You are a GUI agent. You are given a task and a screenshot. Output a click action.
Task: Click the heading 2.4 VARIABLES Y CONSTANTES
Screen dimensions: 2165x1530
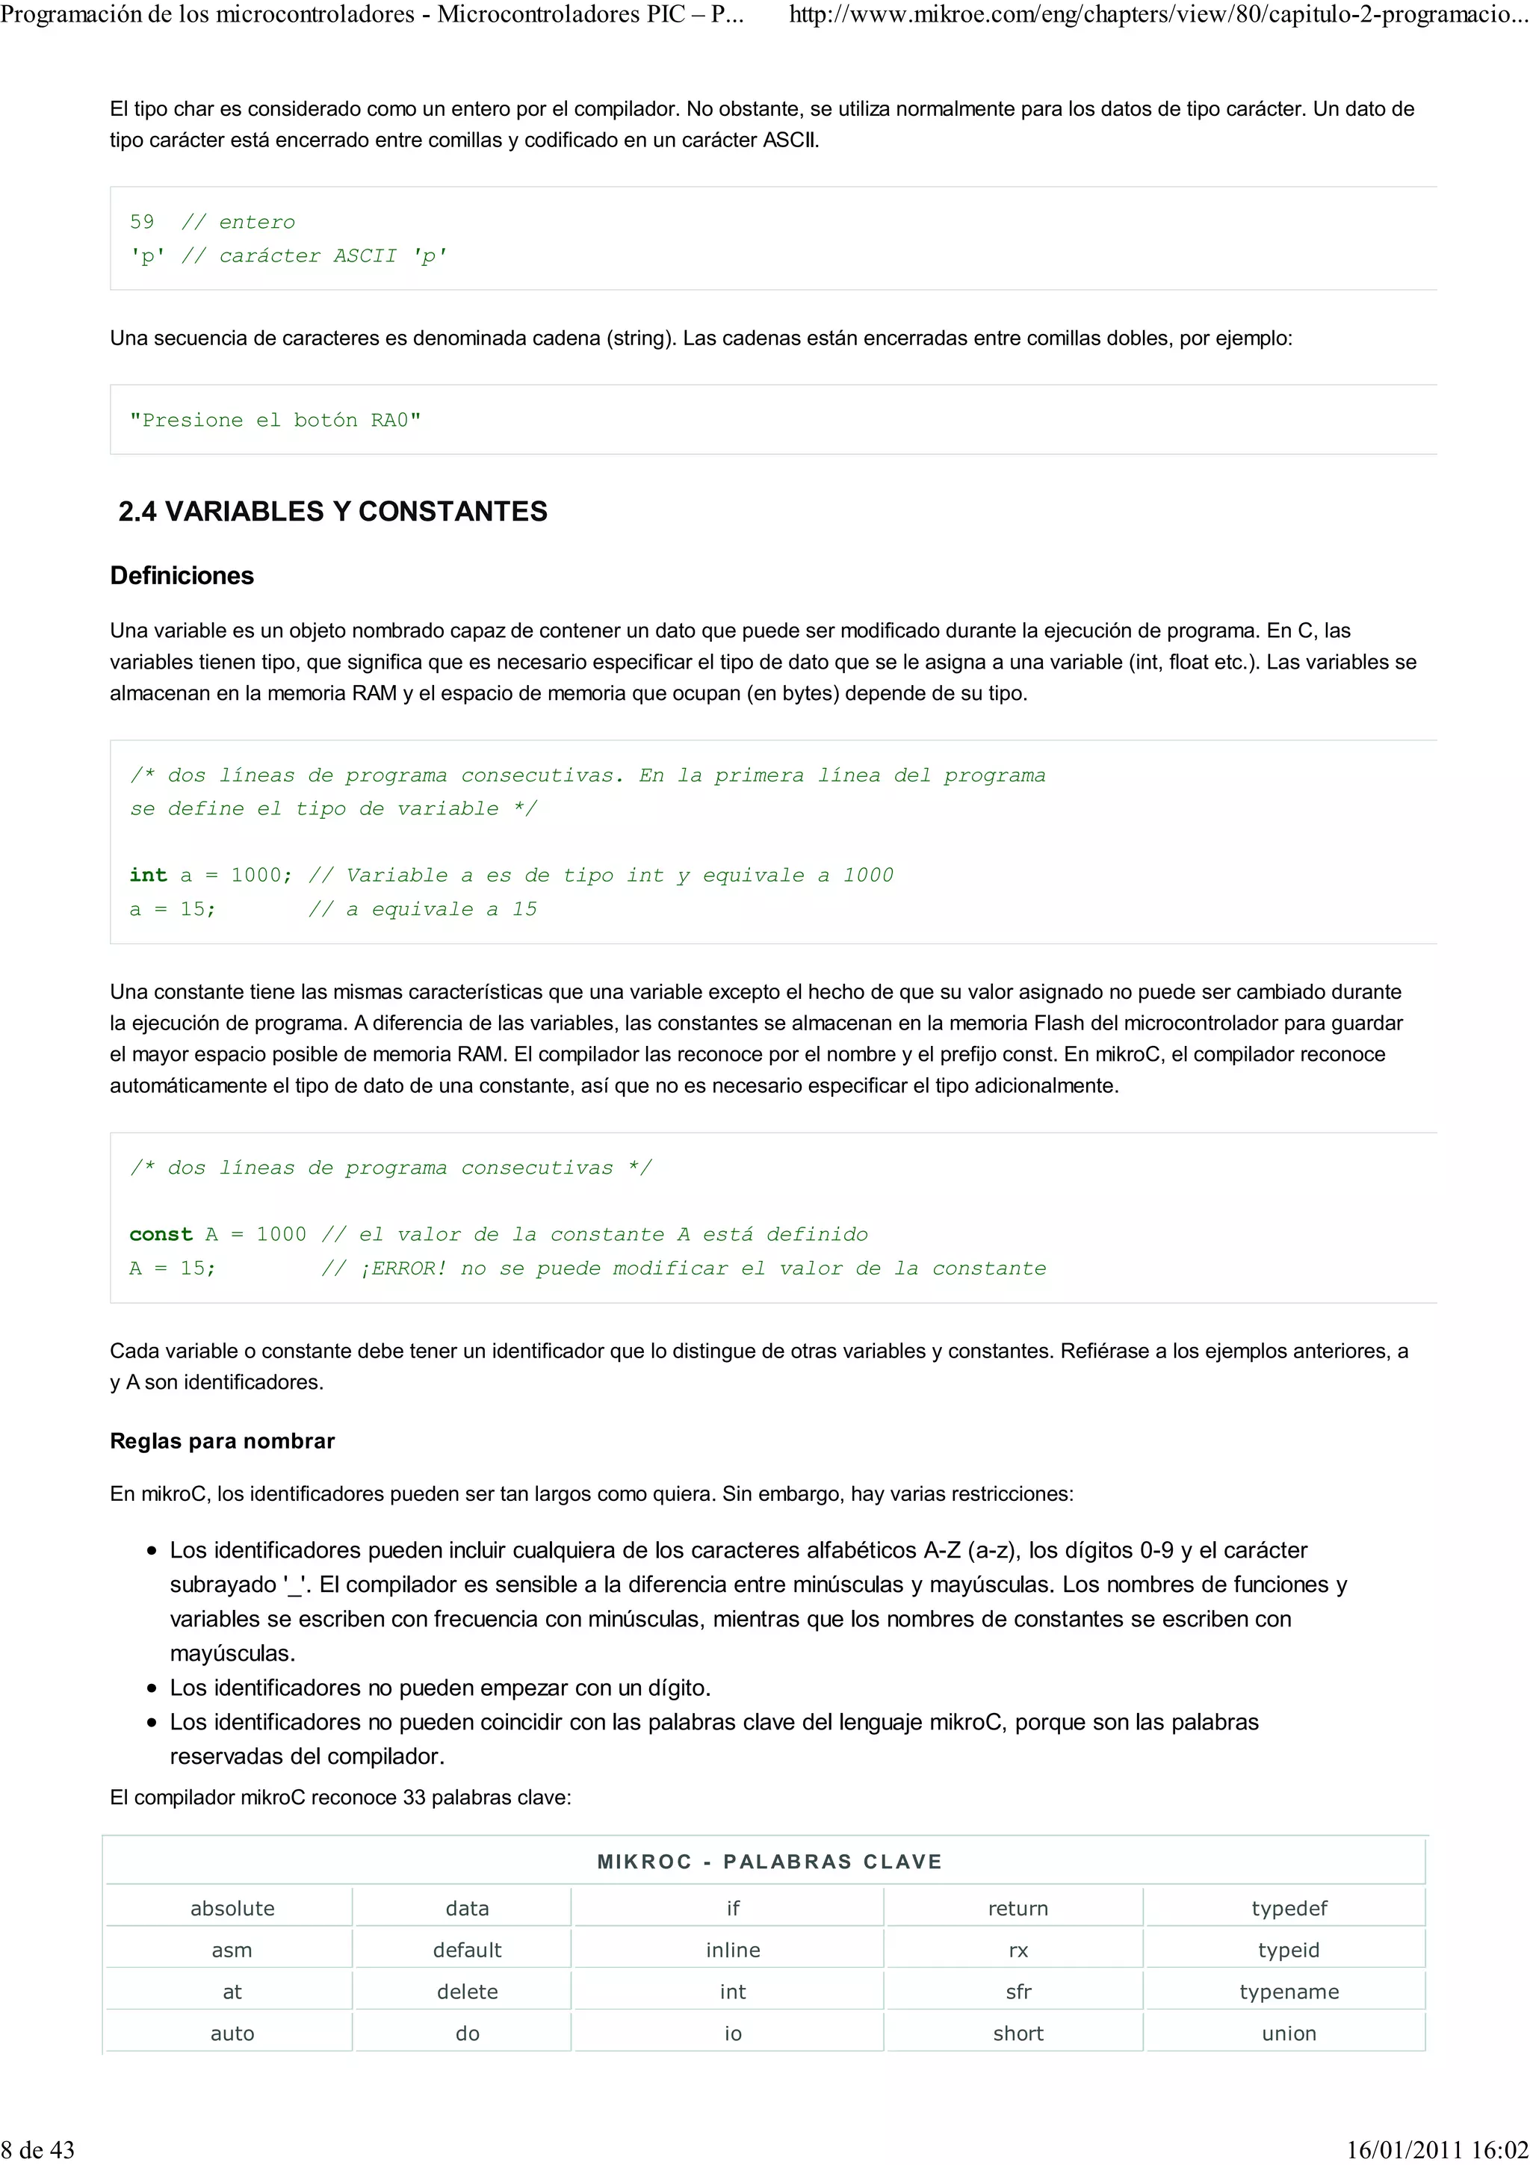(332, 511)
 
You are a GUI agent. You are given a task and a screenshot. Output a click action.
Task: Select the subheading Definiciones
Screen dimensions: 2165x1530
(182, 575)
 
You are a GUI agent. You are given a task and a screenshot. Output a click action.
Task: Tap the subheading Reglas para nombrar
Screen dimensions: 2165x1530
(223, 1441)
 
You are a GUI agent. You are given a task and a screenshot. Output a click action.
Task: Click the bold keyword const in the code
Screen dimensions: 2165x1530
(161, 1234)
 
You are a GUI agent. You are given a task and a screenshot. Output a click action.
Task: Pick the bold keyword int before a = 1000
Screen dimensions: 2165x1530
(148, 875)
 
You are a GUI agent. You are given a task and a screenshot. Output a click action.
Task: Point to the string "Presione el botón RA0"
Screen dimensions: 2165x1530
(275, 421)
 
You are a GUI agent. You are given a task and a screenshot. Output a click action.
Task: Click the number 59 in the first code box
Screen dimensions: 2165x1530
(141, 223)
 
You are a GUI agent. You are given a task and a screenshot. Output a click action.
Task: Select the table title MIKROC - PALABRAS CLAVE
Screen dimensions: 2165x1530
(769, 1862)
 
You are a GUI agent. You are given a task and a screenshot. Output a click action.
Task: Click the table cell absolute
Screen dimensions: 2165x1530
(232, 1909)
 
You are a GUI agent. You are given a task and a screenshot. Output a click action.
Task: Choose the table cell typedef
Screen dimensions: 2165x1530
(1289, 1909)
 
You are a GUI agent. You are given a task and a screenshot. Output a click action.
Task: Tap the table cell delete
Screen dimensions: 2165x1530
(467, 1992)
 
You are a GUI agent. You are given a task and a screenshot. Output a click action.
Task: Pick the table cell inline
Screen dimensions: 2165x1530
(732, 1950)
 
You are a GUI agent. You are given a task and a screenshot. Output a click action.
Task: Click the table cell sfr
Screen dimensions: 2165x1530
(1018, 1992)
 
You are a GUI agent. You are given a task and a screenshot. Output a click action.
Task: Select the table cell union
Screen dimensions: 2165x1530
(1289, 2033)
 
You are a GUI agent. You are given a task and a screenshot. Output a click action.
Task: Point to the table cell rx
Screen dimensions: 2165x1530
(1018, 1950)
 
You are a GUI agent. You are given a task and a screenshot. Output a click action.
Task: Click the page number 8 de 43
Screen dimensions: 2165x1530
(37, 2149)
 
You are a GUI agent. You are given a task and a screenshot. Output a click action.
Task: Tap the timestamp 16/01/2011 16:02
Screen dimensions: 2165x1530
(1437, 2149)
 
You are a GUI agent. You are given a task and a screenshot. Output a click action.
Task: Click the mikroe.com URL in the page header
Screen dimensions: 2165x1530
(1158, 15)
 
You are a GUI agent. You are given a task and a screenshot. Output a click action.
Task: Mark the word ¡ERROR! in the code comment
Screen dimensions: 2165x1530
(403, 1269)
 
